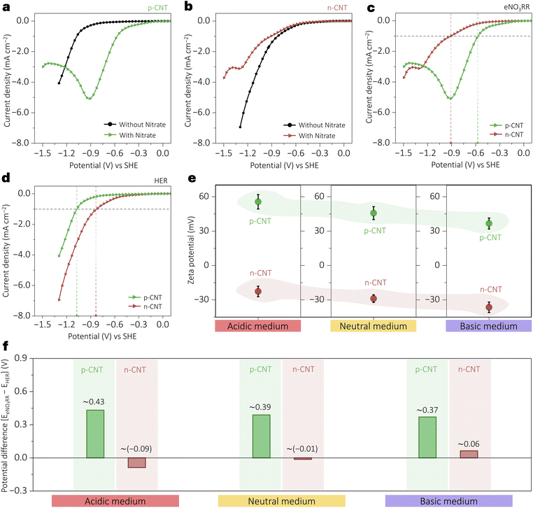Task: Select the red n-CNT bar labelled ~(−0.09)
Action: tap(137, 463)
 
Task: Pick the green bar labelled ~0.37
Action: tap(427, 437)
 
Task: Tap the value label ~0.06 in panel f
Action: tap(469, 444)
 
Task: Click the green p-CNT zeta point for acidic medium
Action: tap(258, 202)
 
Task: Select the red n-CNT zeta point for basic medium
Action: tap(489, 307)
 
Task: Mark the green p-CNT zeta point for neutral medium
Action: tap(374, 213)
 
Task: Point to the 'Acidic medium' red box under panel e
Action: tap(258, 326)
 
